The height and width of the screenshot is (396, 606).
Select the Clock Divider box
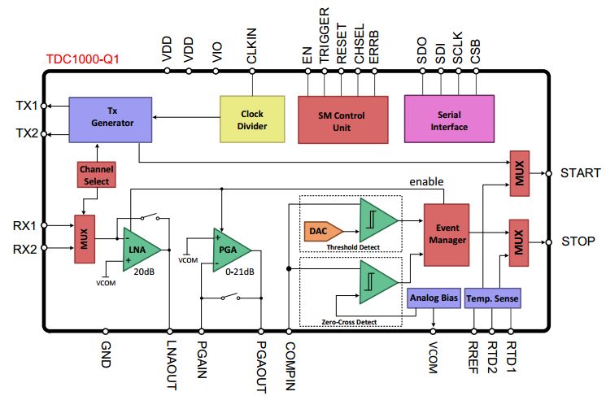tap(252, 119)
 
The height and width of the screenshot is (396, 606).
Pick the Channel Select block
tap(95, 175)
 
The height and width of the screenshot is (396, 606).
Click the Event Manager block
tap(446, 234)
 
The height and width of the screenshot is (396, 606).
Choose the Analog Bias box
tap(434, 298)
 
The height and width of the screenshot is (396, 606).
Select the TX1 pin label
tap(27, 106)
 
